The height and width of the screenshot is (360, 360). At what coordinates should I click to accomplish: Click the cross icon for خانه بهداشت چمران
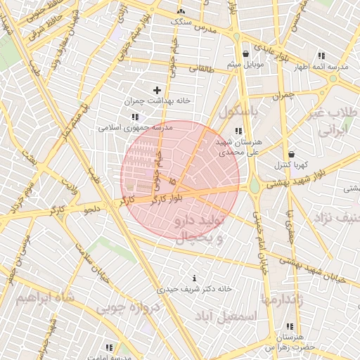point(157,90)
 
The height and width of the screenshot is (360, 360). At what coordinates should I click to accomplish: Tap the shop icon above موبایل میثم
point(245,53)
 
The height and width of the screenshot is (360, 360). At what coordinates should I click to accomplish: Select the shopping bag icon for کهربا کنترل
point(291,154)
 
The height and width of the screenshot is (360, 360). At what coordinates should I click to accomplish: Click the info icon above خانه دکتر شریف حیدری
point(195,278)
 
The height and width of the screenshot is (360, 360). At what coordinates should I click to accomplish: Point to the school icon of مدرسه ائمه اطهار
point(321,56)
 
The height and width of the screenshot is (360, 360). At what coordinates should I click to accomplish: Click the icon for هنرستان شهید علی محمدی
point(238,131)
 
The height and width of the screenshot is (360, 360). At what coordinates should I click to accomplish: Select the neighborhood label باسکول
point(238,111)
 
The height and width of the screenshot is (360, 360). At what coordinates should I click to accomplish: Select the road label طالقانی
point(199,68)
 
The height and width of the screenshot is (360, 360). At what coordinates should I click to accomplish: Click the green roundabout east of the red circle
point(254,184)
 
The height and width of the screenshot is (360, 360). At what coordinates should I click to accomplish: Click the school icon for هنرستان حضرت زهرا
point(290,326)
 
